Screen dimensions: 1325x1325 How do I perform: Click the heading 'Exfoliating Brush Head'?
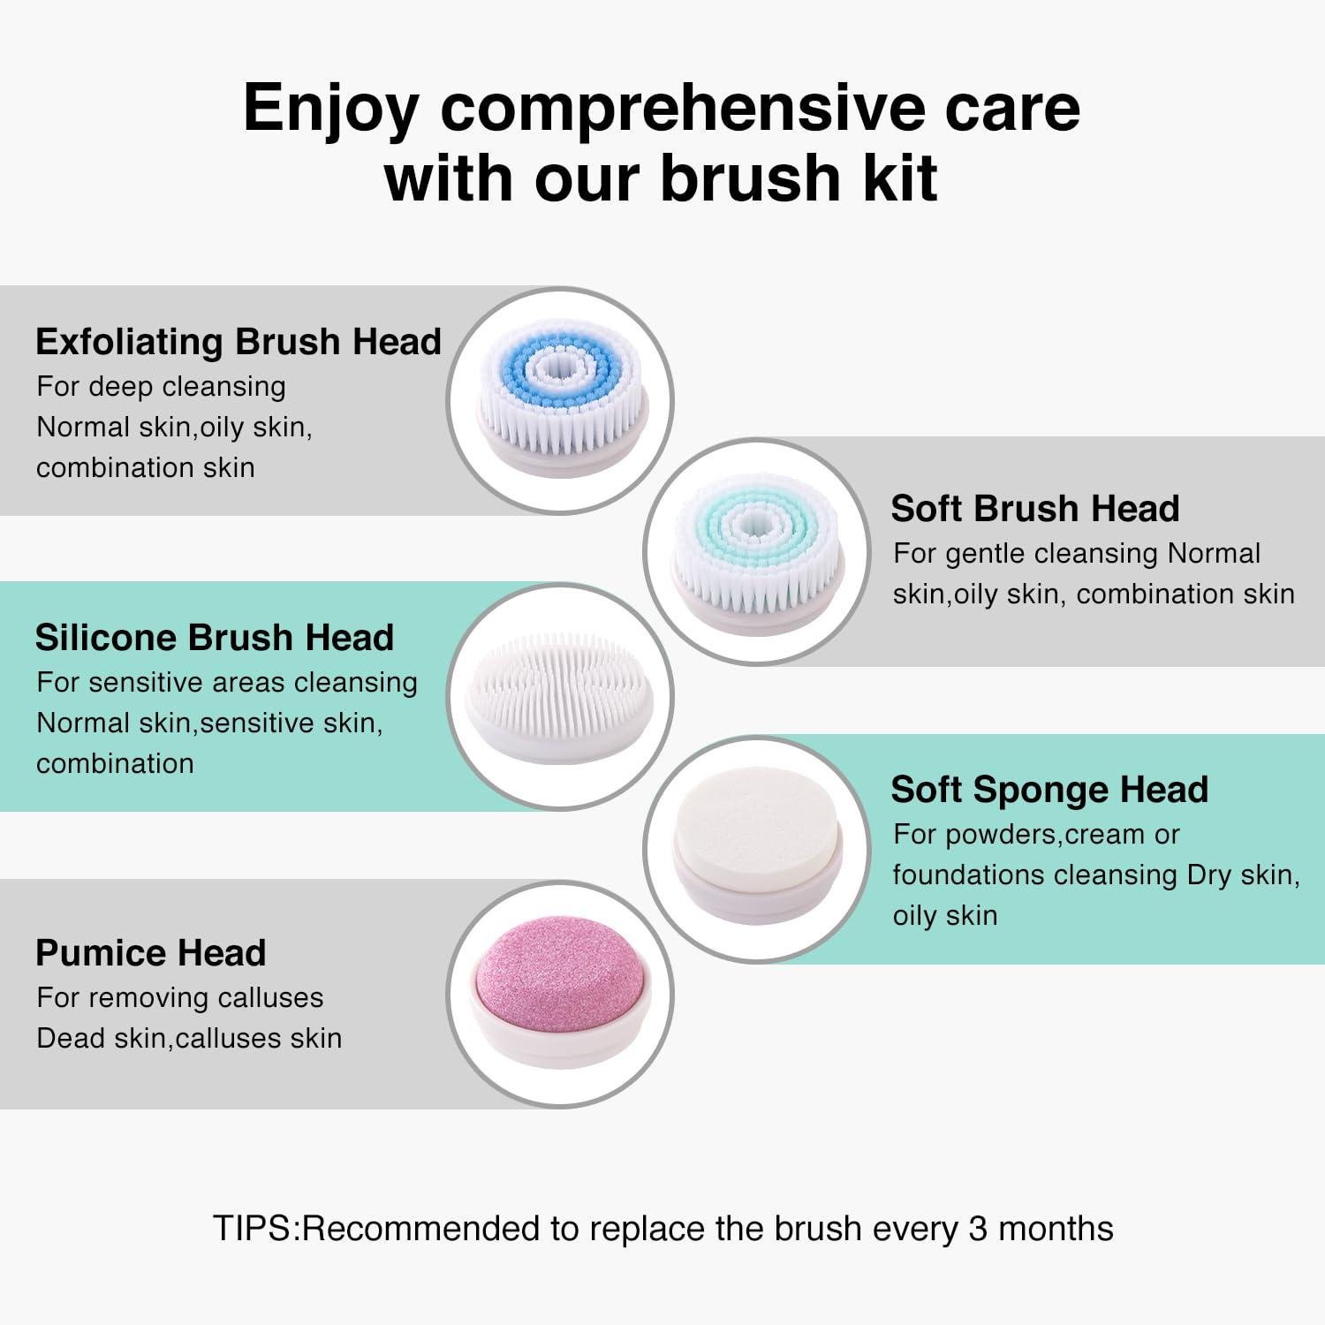click(x=238, y=342)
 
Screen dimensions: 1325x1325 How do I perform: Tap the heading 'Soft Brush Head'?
click(x=1034, y=509)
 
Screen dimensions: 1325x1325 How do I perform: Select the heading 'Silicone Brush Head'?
click(x=214, y=638)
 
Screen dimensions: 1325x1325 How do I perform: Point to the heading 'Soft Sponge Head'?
click(x=1049, y=790)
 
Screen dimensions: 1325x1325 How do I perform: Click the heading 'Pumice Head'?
click(x=150, y=953)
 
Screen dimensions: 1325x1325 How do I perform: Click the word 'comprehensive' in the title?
click(x=682, y=109)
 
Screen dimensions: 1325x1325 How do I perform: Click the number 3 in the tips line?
click(x=977, y=1229)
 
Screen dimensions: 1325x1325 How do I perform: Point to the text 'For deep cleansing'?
click(x=161, y=387)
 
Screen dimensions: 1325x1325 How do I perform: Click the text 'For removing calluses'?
click(x=179, y=998)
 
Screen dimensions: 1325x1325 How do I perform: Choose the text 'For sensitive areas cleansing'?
click(x=226, y=683)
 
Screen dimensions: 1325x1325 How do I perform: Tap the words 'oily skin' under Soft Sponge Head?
click(x=944, y=916)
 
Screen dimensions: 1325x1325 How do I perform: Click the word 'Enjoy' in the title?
click(x=330, y=110)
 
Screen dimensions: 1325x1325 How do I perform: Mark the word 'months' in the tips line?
click(x=1056, y=1229)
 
